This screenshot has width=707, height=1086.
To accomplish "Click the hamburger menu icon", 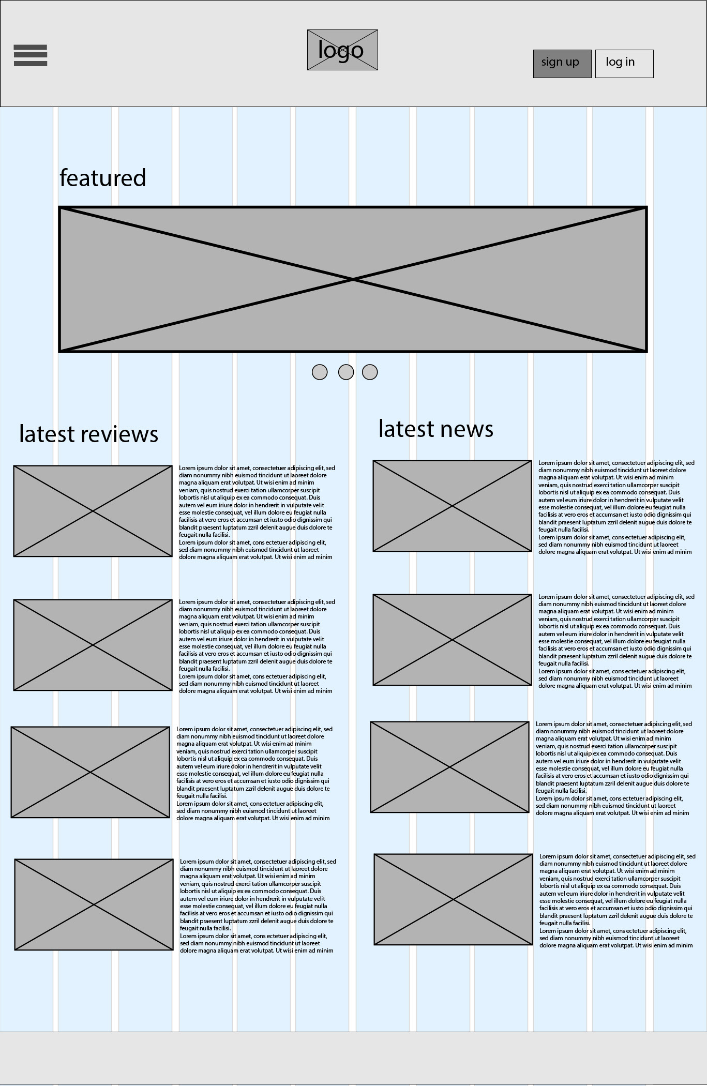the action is click(x=31, y=55).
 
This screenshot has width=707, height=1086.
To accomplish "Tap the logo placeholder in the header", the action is click(x=342, y=50).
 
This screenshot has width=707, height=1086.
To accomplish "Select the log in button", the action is click(x=624, y=64).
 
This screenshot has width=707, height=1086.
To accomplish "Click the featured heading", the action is click(x=103, y=178).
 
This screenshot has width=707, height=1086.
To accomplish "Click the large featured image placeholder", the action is click(x=353, y=279).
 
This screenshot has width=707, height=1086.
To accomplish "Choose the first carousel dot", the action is click(x=320, y=372).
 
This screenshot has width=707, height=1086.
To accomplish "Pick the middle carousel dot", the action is click(x=346, y=372).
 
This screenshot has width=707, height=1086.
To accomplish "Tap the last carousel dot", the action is click(x=370, y=372).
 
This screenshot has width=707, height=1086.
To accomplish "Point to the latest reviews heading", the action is click(x=88, y=434).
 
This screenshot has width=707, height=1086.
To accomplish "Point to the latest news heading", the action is click(x=436, y=429).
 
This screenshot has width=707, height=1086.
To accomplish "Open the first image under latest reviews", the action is click(x=93, y=511).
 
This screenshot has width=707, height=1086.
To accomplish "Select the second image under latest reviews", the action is click(x=93, y=645).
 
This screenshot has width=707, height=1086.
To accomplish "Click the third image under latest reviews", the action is click(x=90, y=772).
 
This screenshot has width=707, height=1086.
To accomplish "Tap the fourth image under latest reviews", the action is click(x=94, y=904).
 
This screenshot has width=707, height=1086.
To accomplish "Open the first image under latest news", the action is click(x=452, y=506).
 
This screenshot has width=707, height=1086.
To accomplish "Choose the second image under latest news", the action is click(x=452, y=640).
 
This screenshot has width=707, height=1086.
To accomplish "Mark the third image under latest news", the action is click(x=449, y=767).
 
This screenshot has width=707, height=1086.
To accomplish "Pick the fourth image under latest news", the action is click(x=453, y=899).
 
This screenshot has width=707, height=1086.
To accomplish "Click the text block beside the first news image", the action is click(x=615, y=507).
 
